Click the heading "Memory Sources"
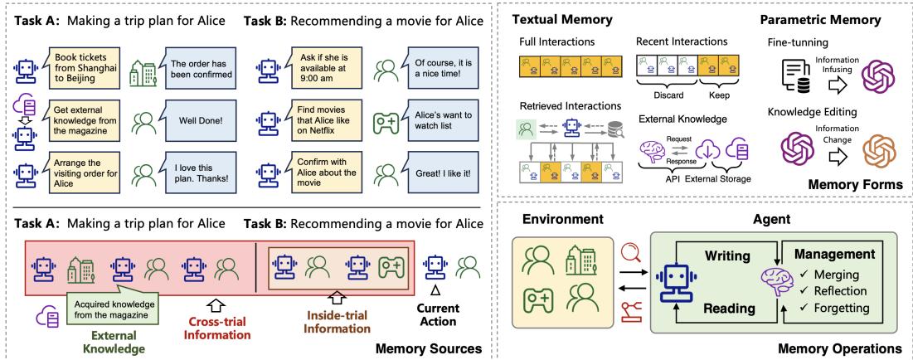tap(429, 349)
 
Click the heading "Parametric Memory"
tap(820, 20)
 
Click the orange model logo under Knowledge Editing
tap(881, 149)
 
